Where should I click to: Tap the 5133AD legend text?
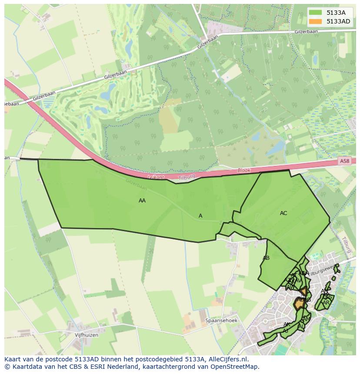[338, 21]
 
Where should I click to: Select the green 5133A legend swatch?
[316, 13]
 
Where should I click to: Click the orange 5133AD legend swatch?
[316, 21]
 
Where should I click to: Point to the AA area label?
[142, 201]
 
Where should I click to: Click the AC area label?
[283, 213]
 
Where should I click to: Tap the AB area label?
[266, 258]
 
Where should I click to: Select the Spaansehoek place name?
[221, 321]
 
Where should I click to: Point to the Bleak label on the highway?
[244, 171]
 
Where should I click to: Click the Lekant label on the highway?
[156, 177]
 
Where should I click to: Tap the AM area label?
[306, 319]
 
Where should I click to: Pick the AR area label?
[326, 302]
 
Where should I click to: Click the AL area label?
[301, 326]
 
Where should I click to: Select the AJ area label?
[285, 331]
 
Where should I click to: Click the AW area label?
[291, 287]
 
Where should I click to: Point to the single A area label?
[200, 216]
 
